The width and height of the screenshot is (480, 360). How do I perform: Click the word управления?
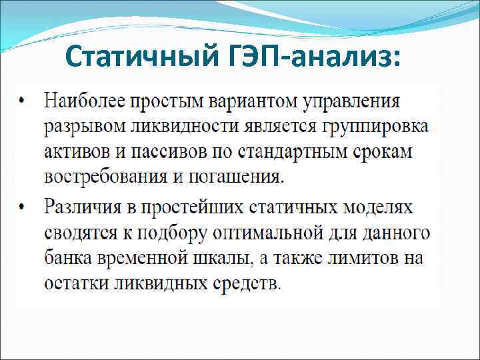pyautogui.click(x=351, y=103)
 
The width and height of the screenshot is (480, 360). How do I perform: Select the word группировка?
pyautogui.click(x=371, y=128)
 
